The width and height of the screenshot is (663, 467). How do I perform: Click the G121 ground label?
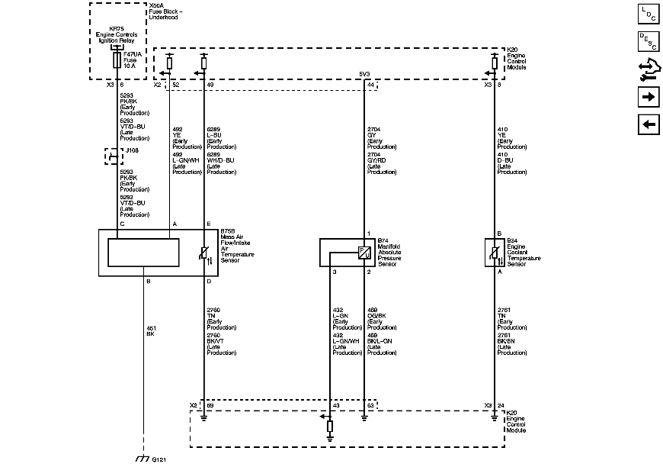pyautogui.click(x=159, y=460)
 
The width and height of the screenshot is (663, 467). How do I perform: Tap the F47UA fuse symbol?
pyautogui.click(x=117, y=60)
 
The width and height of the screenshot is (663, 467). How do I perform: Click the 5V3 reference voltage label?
pyautogui.click(x=365, y=74)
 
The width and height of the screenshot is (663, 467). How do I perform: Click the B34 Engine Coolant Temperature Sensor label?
pyautogui.click(x=524, y=250)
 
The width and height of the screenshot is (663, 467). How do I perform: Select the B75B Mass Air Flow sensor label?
pyautogui.click(x=236, y=245)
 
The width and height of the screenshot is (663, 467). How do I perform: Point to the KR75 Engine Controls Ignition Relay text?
pyautogui.click(x=117, y=35)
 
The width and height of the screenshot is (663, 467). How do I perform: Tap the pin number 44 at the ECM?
pyautogui.click(x=370, y=85)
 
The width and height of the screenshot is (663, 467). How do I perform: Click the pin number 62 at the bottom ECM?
pyautogui.click(x=371, y=405)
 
